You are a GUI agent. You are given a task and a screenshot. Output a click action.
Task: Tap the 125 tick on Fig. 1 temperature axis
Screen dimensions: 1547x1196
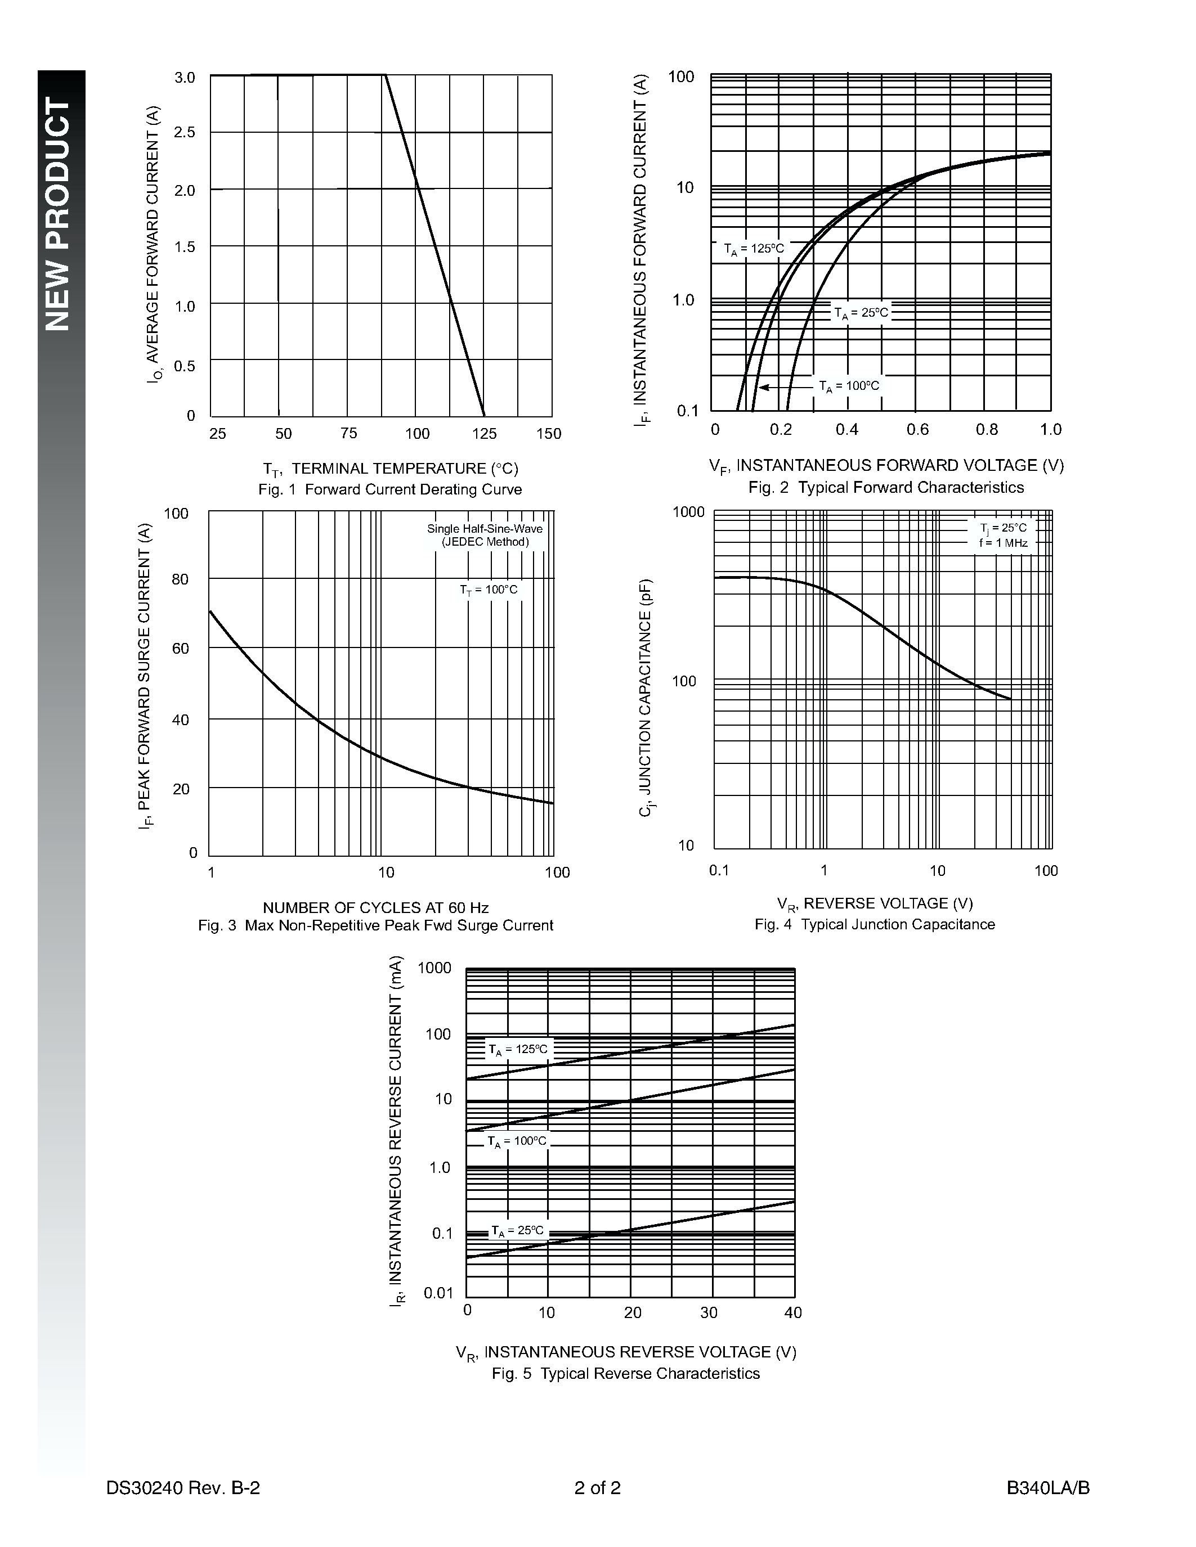pos(485,434)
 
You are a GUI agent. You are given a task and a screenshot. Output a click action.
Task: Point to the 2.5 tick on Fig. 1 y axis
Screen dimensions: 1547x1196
pos(185,132)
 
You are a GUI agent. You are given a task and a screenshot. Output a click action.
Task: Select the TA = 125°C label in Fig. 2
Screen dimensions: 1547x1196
pos(754,249)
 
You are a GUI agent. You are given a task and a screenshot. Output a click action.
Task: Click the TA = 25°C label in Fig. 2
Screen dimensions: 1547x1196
pos(861,312)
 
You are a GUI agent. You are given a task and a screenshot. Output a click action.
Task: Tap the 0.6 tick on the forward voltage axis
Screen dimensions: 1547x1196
pos(917,429)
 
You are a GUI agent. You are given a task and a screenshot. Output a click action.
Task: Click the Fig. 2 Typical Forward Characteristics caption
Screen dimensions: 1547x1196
pos(886,487)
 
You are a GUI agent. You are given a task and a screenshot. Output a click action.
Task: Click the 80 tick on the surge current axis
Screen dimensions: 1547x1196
pos(181,579)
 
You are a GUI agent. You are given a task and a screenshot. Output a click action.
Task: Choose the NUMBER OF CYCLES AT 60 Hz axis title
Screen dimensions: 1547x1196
pos(375,907)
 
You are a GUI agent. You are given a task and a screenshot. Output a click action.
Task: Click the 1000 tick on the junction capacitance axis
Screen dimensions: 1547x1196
pos(688,511)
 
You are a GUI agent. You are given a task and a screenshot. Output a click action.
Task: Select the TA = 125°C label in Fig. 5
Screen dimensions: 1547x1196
pos(518,1050)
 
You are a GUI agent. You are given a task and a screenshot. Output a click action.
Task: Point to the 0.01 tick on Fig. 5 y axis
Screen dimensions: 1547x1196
pos(438,1293)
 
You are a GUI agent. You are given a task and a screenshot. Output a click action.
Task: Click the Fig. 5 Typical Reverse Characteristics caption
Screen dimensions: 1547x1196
pos(626,1374)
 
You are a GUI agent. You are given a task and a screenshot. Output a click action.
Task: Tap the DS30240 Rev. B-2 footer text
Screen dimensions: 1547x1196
pos(183,1487)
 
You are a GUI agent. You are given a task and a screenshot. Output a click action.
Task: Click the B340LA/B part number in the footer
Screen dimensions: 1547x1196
pos(1048,1487)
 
